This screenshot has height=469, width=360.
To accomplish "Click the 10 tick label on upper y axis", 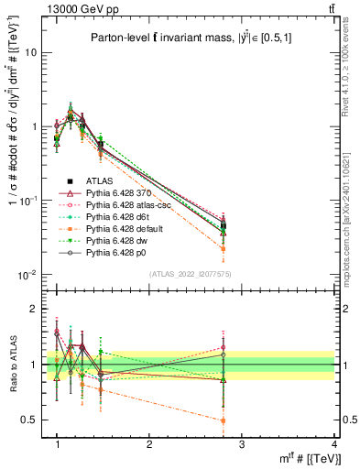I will [31, 52].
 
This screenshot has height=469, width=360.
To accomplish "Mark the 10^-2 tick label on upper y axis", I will [29, 275].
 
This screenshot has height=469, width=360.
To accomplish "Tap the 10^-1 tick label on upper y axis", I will [29, 201].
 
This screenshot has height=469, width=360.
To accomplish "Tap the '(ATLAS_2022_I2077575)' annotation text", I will [193, 274].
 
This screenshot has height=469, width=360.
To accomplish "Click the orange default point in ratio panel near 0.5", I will [224, 420].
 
